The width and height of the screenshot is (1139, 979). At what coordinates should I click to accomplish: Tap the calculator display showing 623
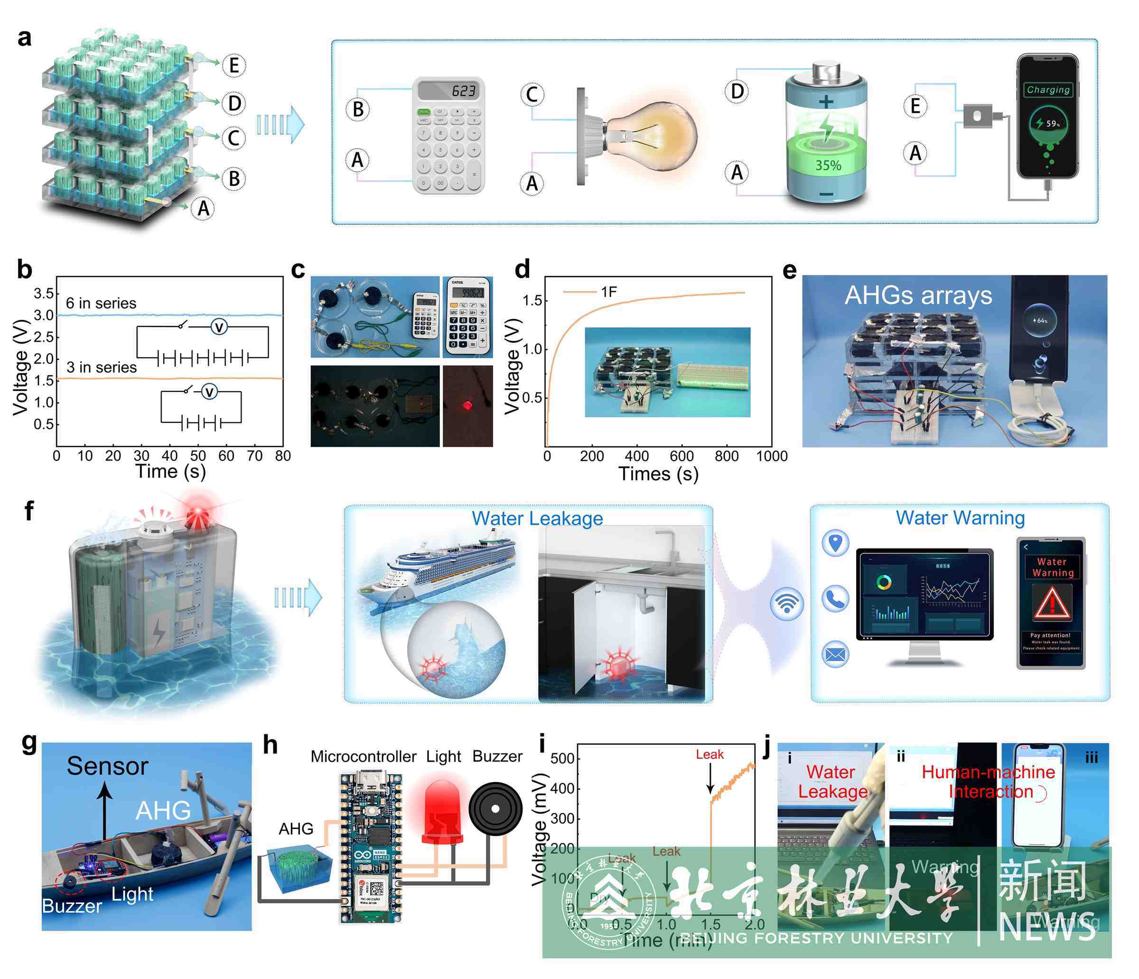pyautogui.click(x=448, y=90)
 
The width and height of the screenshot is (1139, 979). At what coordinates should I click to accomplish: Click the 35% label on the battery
pyautogui.click(x=828, y=166)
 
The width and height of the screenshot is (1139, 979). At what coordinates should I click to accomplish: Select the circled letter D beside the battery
pyautogui.click(x=737, y=91)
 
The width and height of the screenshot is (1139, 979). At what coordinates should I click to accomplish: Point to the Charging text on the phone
pyautogui.click(x=1048, y=90)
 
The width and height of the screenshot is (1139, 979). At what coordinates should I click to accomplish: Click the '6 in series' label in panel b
pyautogui.click(x=101, y=303)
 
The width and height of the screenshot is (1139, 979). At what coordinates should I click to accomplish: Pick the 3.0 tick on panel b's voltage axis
pyautogui.click(x=44, y=315)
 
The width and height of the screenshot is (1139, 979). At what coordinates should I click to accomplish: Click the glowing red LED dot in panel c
pyautogui.click(x=467, y=406)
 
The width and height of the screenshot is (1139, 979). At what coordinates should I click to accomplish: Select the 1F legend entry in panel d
pyautogui.click(x=608, y=292)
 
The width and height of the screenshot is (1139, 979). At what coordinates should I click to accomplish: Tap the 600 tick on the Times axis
pyautogui.click(x=682, y=456)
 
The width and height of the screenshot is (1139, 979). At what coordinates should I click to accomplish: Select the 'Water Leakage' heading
pyautogui.click(x=537, y=518)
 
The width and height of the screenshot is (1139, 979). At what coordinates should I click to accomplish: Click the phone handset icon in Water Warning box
pyautogui.click(x=835, y=598)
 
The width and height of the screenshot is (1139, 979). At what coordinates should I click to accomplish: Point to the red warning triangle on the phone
pyautogui.click(x=1052, y=603)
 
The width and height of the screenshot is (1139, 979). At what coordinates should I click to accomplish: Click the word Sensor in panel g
pyautogui.click(x=108, y=766)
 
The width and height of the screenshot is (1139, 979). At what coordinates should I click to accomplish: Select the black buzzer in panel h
pyautogui.click(x=495, y=809)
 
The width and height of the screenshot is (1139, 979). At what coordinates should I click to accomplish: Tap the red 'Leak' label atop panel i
pyautogui.click(x=709, y=755)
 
